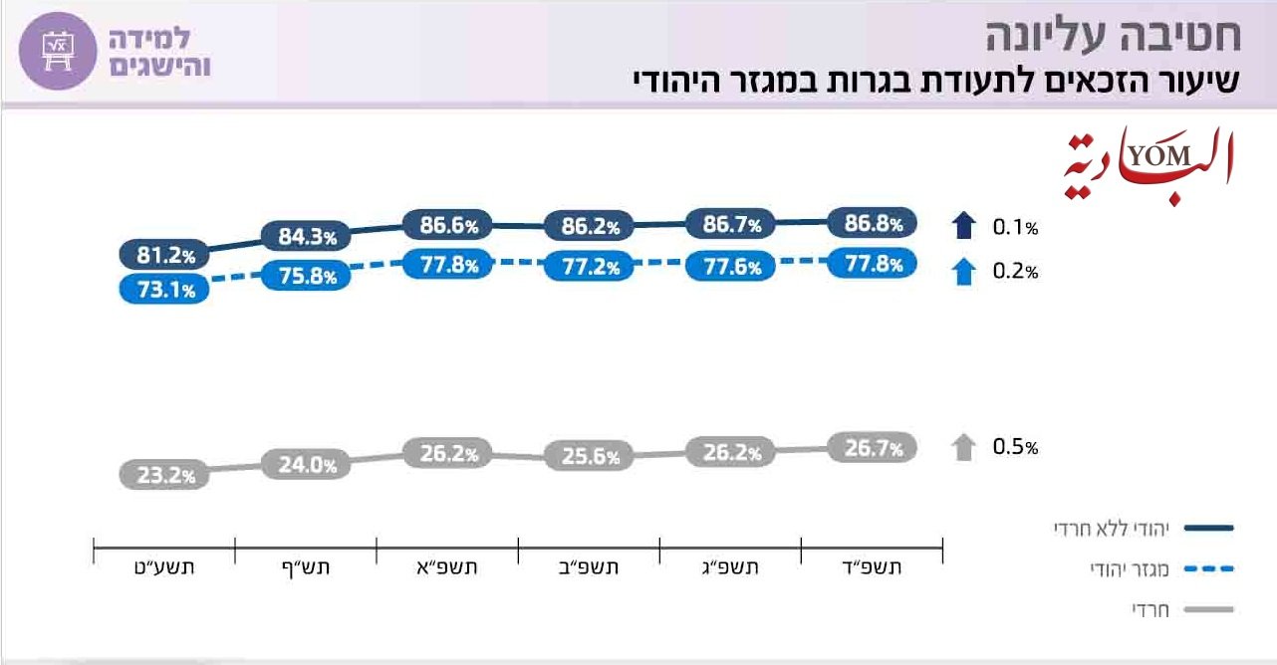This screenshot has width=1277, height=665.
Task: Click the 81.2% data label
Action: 165,256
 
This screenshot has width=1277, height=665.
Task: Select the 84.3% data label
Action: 307,237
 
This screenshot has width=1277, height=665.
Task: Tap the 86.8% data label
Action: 872,223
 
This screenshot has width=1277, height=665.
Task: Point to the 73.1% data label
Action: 165,290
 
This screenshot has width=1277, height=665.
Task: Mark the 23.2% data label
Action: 165,475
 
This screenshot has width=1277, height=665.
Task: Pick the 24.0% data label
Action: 307,463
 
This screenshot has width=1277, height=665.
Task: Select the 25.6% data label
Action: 590,457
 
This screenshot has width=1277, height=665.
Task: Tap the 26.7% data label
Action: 872,449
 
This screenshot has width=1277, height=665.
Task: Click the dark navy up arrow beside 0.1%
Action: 963,226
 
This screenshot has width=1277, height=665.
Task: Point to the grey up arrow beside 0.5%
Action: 963,447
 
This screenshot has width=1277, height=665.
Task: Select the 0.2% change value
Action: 1015,272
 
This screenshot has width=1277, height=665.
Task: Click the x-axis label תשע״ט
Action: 165,568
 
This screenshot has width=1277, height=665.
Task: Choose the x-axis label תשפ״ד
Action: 873,568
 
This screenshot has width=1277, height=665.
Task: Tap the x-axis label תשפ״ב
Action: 590,568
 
